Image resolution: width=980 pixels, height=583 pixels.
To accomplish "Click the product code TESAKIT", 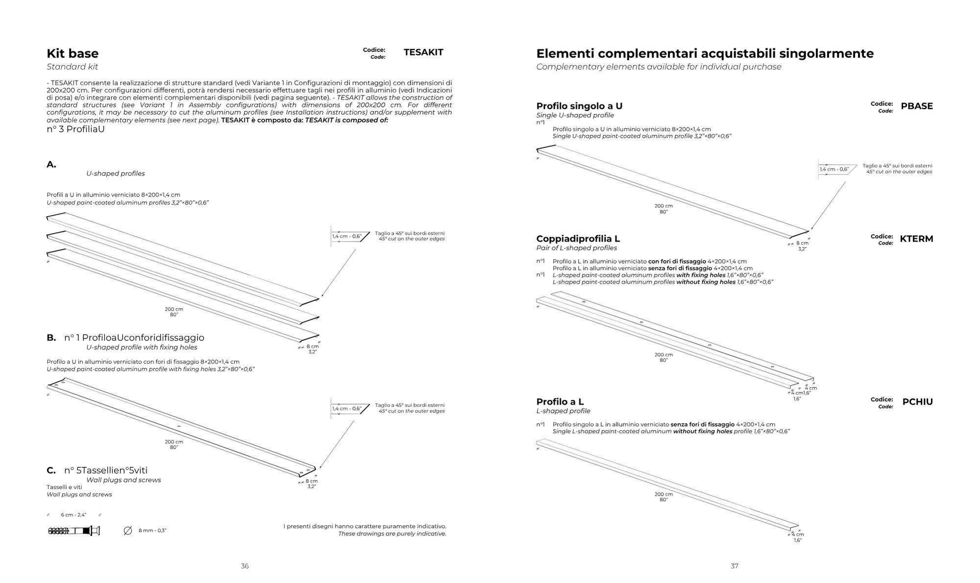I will click(x=423, y=52).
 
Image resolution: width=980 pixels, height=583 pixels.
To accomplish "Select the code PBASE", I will click(x=916, y=106).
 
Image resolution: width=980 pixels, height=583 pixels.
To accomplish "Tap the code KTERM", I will click(x=916, y=239).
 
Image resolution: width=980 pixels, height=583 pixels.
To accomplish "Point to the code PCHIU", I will click(x=917, y=402).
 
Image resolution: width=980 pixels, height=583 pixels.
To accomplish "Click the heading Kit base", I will click(x=73, y=53).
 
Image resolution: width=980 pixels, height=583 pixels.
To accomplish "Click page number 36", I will click(x=245, y=566).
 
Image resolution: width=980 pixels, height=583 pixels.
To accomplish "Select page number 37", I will click(x=734, y=566).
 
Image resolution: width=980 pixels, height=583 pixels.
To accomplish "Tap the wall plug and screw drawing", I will click(x=74, y=531).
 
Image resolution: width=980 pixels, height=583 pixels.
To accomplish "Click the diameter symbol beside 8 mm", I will click(x=128, y=531).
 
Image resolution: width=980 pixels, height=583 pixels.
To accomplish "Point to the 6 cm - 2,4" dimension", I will click(x=73, y=515).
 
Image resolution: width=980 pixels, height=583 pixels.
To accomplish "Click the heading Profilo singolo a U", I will click(x=579, y=106).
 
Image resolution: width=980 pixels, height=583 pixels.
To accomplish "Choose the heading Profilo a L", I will click(x=560, y=402).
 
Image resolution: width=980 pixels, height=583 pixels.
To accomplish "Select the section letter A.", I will click(x=51, y=165).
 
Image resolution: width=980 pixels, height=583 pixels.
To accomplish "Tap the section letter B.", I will click(x=51, y=338).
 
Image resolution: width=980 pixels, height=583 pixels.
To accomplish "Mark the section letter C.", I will click(x=51, y=471).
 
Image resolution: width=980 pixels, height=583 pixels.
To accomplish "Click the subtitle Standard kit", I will click(x=72, y=67).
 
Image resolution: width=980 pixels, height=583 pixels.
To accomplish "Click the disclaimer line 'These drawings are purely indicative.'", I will click(x=392, y=534).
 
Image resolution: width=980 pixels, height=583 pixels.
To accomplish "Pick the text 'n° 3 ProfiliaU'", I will click(x=75, y=129).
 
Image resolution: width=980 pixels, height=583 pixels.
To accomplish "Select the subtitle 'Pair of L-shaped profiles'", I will click(x=576, y=248).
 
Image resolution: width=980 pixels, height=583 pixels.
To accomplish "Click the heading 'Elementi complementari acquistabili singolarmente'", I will click(x=705, y=53).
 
